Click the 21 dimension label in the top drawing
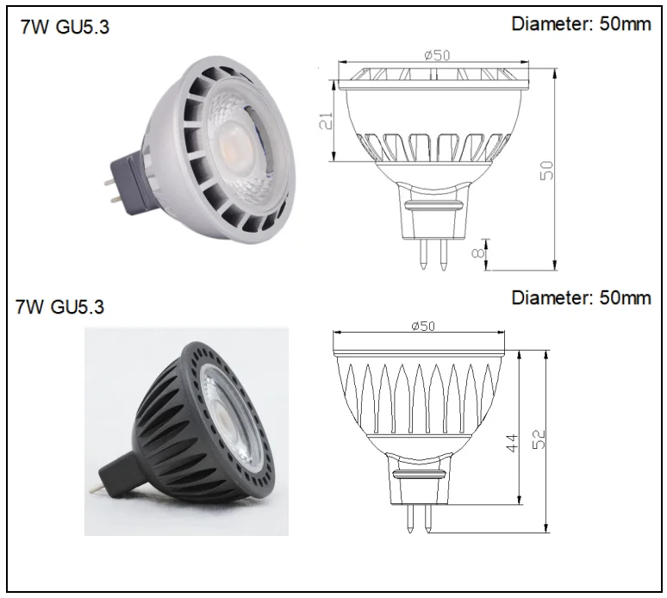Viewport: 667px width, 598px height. point(327,121)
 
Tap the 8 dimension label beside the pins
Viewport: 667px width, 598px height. point(478,253)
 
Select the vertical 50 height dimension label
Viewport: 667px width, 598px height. point(547,170)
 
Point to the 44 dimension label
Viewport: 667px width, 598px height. point(513,443)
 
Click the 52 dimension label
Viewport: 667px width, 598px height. point(539,439)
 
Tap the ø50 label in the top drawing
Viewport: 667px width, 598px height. point(437,55)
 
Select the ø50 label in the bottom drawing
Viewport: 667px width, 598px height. point(423,326)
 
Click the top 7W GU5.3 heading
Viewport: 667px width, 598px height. point(65,27)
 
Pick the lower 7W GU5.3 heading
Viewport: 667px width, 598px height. point(60,306)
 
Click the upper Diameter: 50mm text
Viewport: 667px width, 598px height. point(581,24)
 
